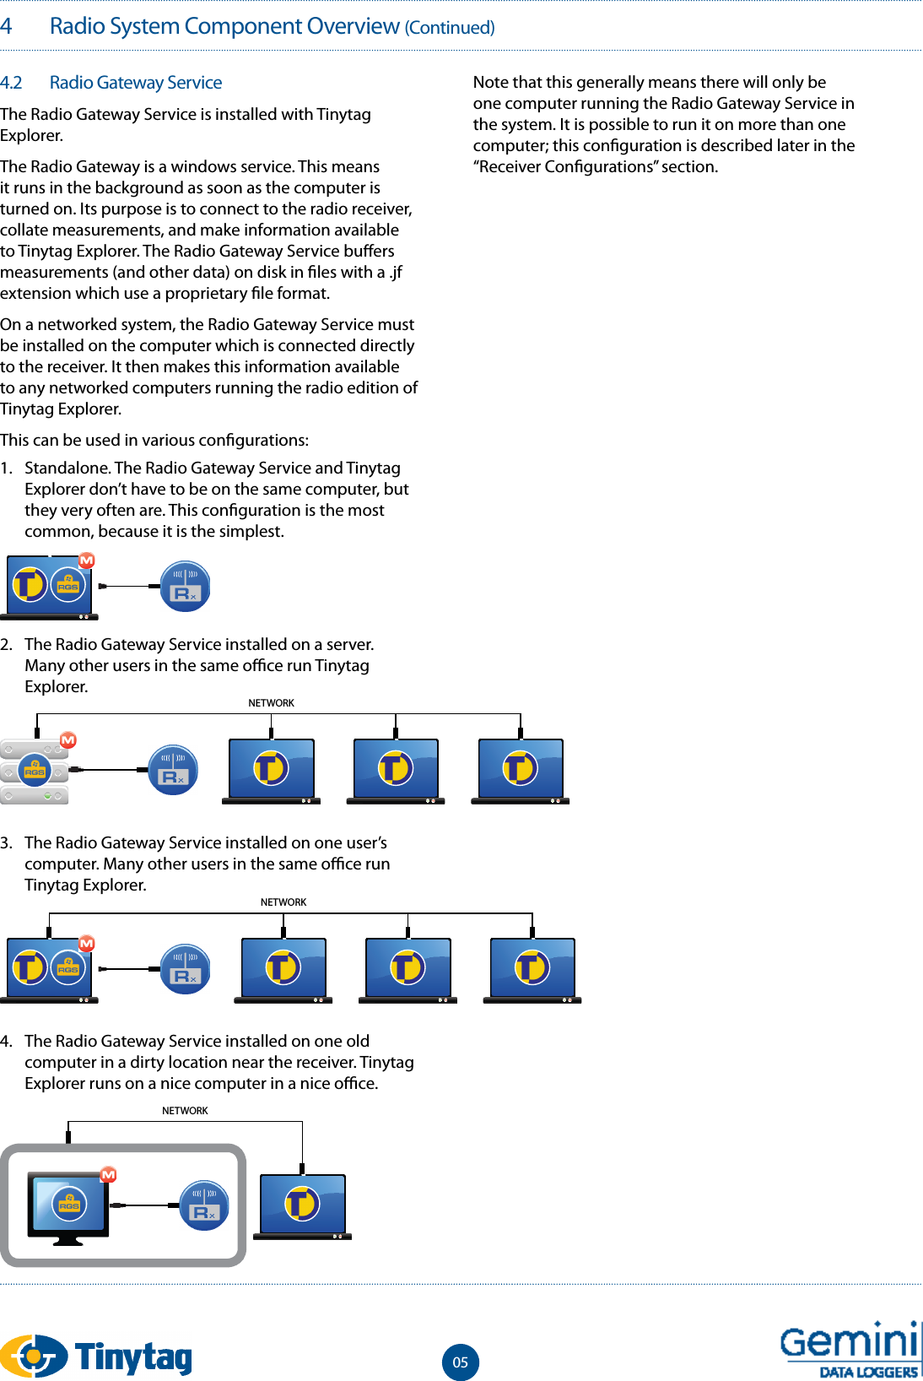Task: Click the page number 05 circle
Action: pos(460,1362)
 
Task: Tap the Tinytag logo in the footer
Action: pos(96,1356)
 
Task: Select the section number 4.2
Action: pos(11,83)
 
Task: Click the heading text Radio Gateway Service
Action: pos(136,83)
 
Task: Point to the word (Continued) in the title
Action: pos(450,28)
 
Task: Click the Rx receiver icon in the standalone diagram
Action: pos(185,587)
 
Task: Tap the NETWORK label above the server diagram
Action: pos(271,703)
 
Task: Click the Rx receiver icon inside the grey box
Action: pos(204,1205)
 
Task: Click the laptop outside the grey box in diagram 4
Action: pos(302,1206)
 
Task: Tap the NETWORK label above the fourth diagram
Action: pos(185,1111)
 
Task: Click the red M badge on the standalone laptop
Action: pos(86,561)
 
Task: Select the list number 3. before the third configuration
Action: pos(7,842)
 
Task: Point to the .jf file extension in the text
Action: pos(395,273)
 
